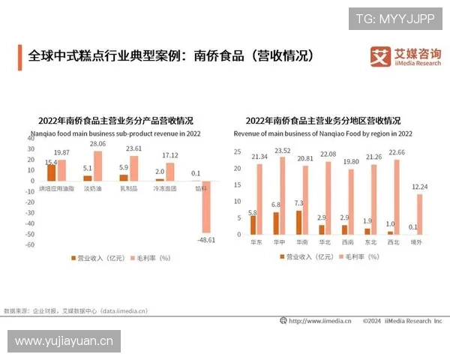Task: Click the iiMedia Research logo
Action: (406, 56)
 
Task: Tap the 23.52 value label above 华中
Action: (282, 150)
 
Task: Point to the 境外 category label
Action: (414, 242)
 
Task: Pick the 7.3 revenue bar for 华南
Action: (298, 223)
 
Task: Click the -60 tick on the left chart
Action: (31, 244)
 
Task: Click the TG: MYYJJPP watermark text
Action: (394, 18)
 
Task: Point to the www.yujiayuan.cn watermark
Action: (64, 341)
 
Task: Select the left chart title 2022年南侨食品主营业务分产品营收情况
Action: (115, 121)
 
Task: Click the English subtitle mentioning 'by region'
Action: (322, 133)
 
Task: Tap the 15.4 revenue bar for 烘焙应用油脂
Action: (51, 172)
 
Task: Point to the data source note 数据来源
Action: (75, 310)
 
